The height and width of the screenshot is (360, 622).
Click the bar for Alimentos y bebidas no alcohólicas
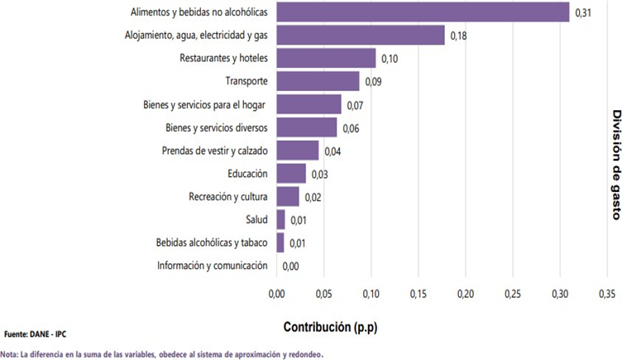[423, 12]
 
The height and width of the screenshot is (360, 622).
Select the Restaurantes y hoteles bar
[326, 58]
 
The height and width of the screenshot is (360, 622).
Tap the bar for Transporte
[318, 81]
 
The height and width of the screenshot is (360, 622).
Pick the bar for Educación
[291, 174]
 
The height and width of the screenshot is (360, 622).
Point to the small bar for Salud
[281, 219]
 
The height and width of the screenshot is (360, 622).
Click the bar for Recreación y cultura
[288, 196]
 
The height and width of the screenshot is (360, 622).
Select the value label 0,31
[583, 12]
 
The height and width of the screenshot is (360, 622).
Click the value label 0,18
[458, 36]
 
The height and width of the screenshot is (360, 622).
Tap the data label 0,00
[291, 266]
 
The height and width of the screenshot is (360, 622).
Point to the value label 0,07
[355, 105]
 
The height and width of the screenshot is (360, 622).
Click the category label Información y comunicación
[213, 266]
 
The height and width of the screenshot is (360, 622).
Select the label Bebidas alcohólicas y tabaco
[212, 242]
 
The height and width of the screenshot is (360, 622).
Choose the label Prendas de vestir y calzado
[214, 151]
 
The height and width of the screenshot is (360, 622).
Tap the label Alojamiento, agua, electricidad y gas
[196, 36]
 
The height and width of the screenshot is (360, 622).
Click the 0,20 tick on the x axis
[466, 294]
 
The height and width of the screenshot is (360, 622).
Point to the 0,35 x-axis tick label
[607, 294]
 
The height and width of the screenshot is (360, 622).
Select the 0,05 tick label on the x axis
[323, 294]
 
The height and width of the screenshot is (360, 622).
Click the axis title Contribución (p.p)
[331, 327]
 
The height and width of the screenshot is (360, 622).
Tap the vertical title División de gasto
[616, 165]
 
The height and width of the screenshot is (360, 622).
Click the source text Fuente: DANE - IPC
[36, 334]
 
